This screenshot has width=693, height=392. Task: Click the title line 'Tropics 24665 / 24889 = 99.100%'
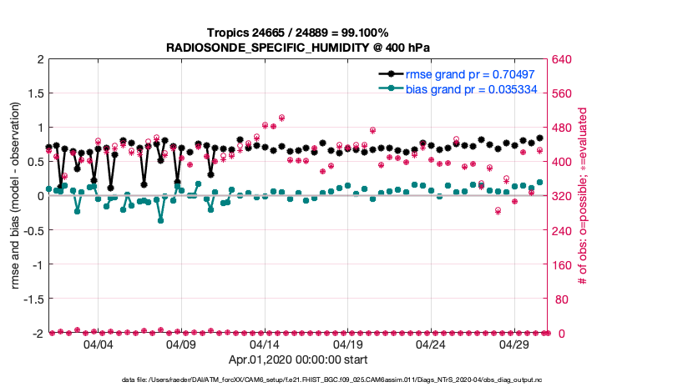(x=298, y=33)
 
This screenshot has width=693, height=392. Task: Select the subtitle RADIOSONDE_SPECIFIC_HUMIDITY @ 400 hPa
(x=298, y=47)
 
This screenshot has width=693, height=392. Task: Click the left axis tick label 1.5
(x=34, y=93)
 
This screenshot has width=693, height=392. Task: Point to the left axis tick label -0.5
(x=32, y=230)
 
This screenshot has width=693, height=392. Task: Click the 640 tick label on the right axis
(x=560, y=59)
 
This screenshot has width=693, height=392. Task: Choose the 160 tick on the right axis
(x=560, y=264)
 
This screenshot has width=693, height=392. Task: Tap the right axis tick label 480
(x=560, y=128)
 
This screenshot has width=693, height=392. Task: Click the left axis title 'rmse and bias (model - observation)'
(x=16, y=197)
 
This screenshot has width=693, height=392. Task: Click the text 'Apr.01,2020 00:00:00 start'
(x=298, y=360)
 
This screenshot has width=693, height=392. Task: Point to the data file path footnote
(x=346, y=380)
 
